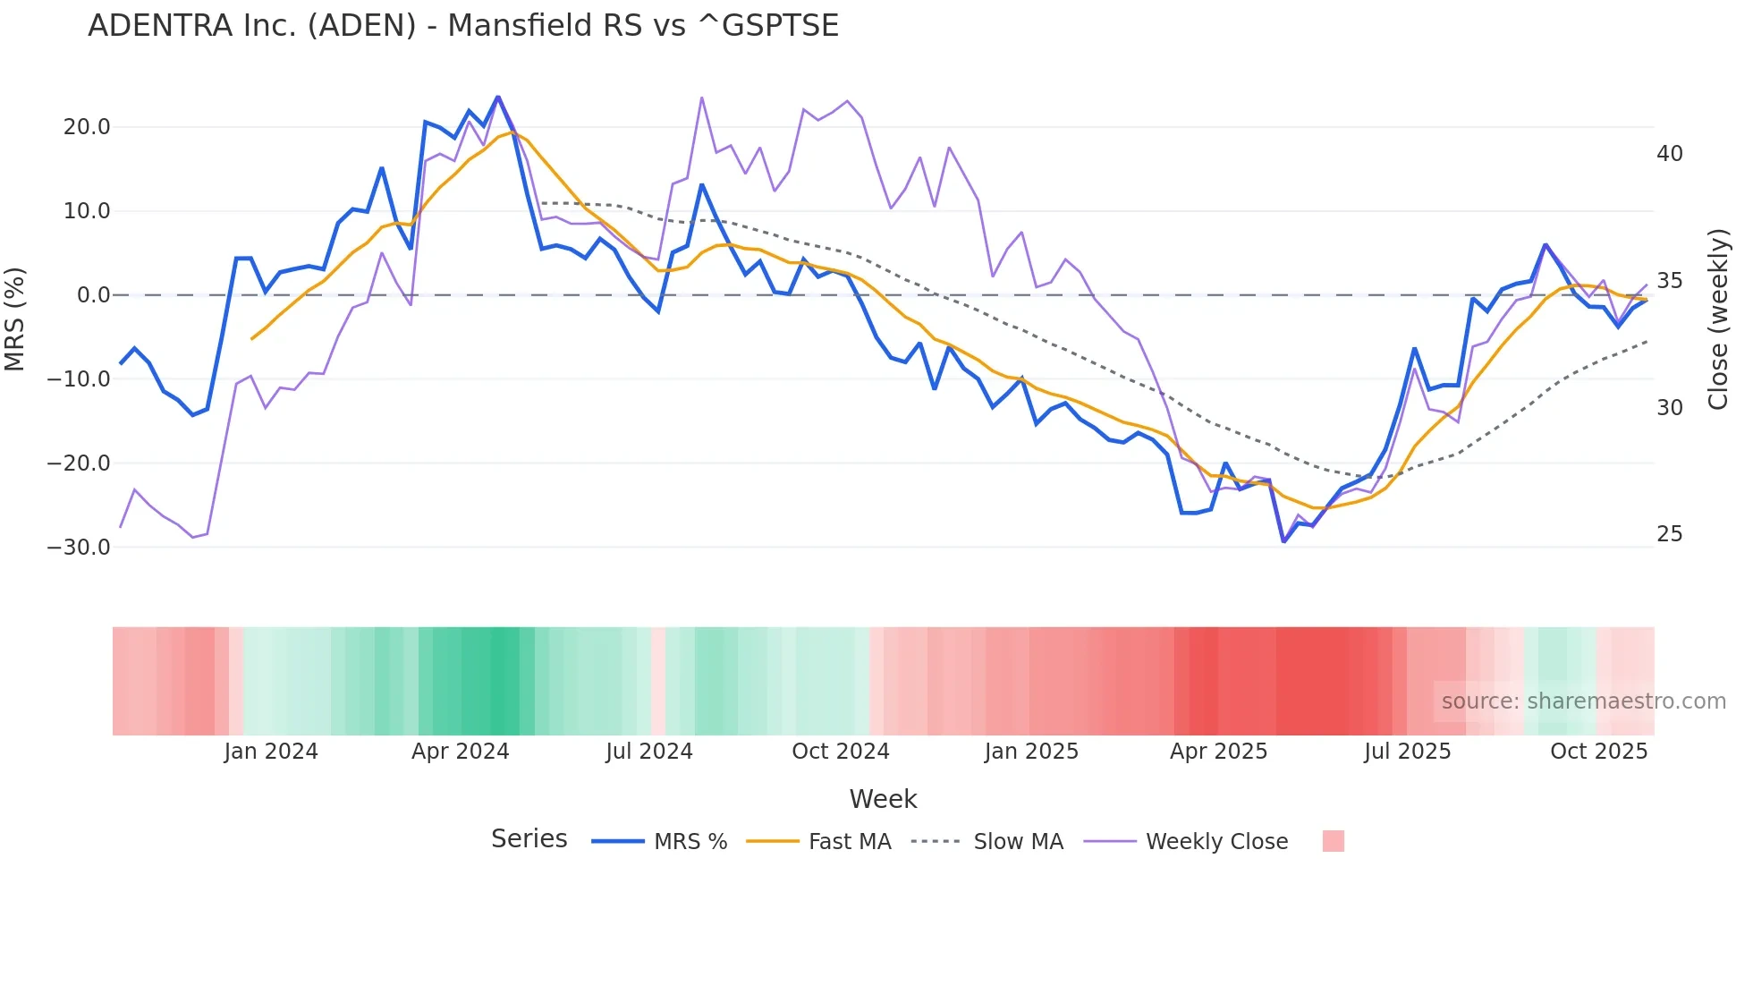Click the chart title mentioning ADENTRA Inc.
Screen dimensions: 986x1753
tap(463, 26)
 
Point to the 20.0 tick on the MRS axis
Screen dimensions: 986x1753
tap(87, 127)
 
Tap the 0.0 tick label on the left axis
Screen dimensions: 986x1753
tap(93, 295)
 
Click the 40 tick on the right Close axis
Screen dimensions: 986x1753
tap(1669, 154)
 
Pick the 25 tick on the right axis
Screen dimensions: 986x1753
tap(1669, 534)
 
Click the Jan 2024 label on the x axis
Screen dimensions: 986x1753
tap(271, 752)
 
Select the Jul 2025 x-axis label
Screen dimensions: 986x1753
tap(1407, 752)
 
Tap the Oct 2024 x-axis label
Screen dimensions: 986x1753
tap(840, 752)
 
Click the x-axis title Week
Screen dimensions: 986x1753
tap(883, 799)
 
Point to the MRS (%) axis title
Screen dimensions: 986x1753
tap(15, 319)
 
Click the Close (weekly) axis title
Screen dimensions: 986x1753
tap(1717, 319)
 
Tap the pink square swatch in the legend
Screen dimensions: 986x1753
tap(1333, 841)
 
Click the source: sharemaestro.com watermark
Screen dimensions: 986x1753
tap(1583, 701)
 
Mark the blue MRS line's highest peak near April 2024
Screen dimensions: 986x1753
tap(497, 97)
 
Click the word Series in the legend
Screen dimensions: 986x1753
tap(529, 839)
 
